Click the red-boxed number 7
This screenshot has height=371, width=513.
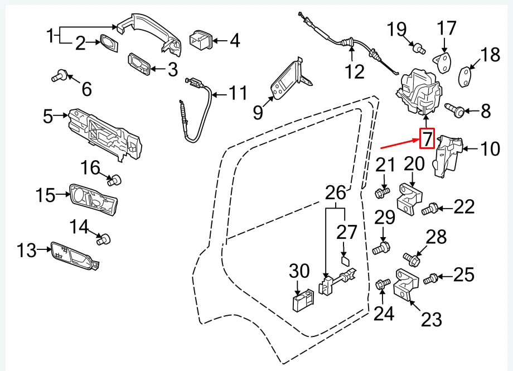click(x=427, y=138)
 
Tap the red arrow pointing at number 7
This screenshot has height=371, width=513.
click(x=399, y=144)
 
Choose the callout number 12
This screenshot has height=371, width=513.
click(x=354, y=71)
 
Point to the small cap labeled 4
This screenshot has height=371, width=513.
click(x=200, y=40)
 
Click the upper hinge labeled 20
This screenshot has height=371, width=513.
click(x=411, y=198)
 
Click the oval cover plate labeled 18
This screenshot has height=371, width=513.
click(x=466, y=75)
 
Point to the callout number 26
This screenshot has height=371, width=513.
click(x=336, y=193)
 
